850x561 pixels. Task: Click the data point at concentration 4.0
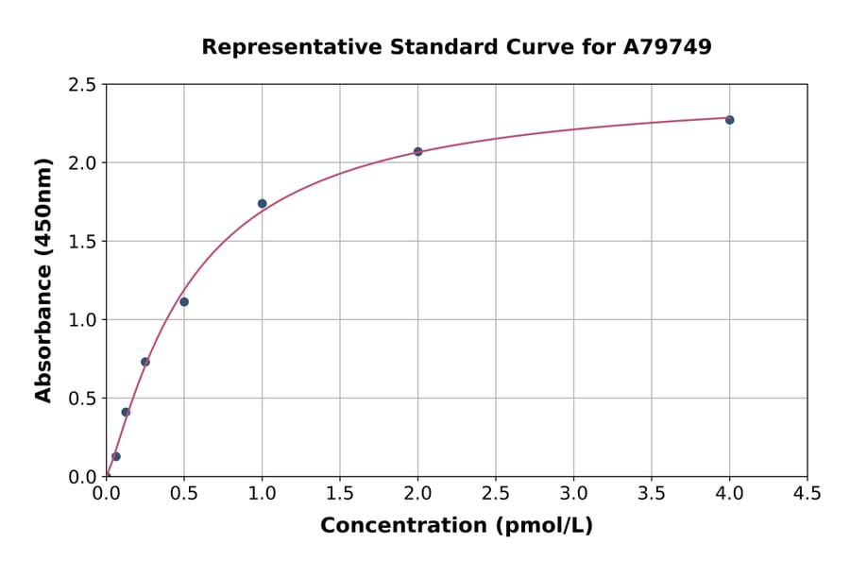[729, 120]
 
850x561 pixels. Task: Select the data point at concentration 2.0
[417, 151]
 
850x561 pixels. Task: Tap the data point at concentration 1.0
[262, 203]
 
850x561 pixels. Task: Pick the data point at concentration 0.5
[184, 302]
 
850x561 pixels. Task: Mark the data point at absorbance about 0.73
[145, 362]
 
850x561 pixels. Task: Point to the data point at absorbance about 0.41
[126, 412]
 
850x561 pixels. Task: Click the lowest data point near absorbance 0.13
[116, 456]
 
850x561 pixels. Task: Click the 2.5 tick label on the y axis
[82, 85]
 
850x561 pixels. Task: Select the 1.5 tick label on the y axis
[82, 242]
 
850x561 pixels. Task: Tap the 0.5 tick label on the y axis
[82, 399]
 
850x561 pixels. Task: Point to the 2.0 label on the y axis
[82, 163]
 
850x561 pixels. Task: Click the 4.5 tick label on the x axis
[807, 493]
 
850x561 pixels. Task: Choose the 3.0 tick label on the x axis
[573, 493]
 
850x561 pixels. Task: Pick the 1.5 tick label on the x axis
[340, 493]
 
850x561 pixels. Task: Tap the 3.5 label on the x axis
[651, 493]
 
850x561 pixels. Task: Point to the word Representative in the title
[282, 46]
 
